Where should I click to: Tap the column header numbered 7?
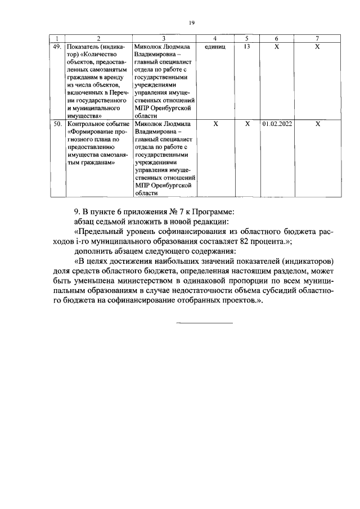click(317, 38)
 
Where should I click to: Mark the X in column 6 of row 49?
click(277, 47)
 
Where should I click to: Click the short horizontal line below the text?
click(205, 322)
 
